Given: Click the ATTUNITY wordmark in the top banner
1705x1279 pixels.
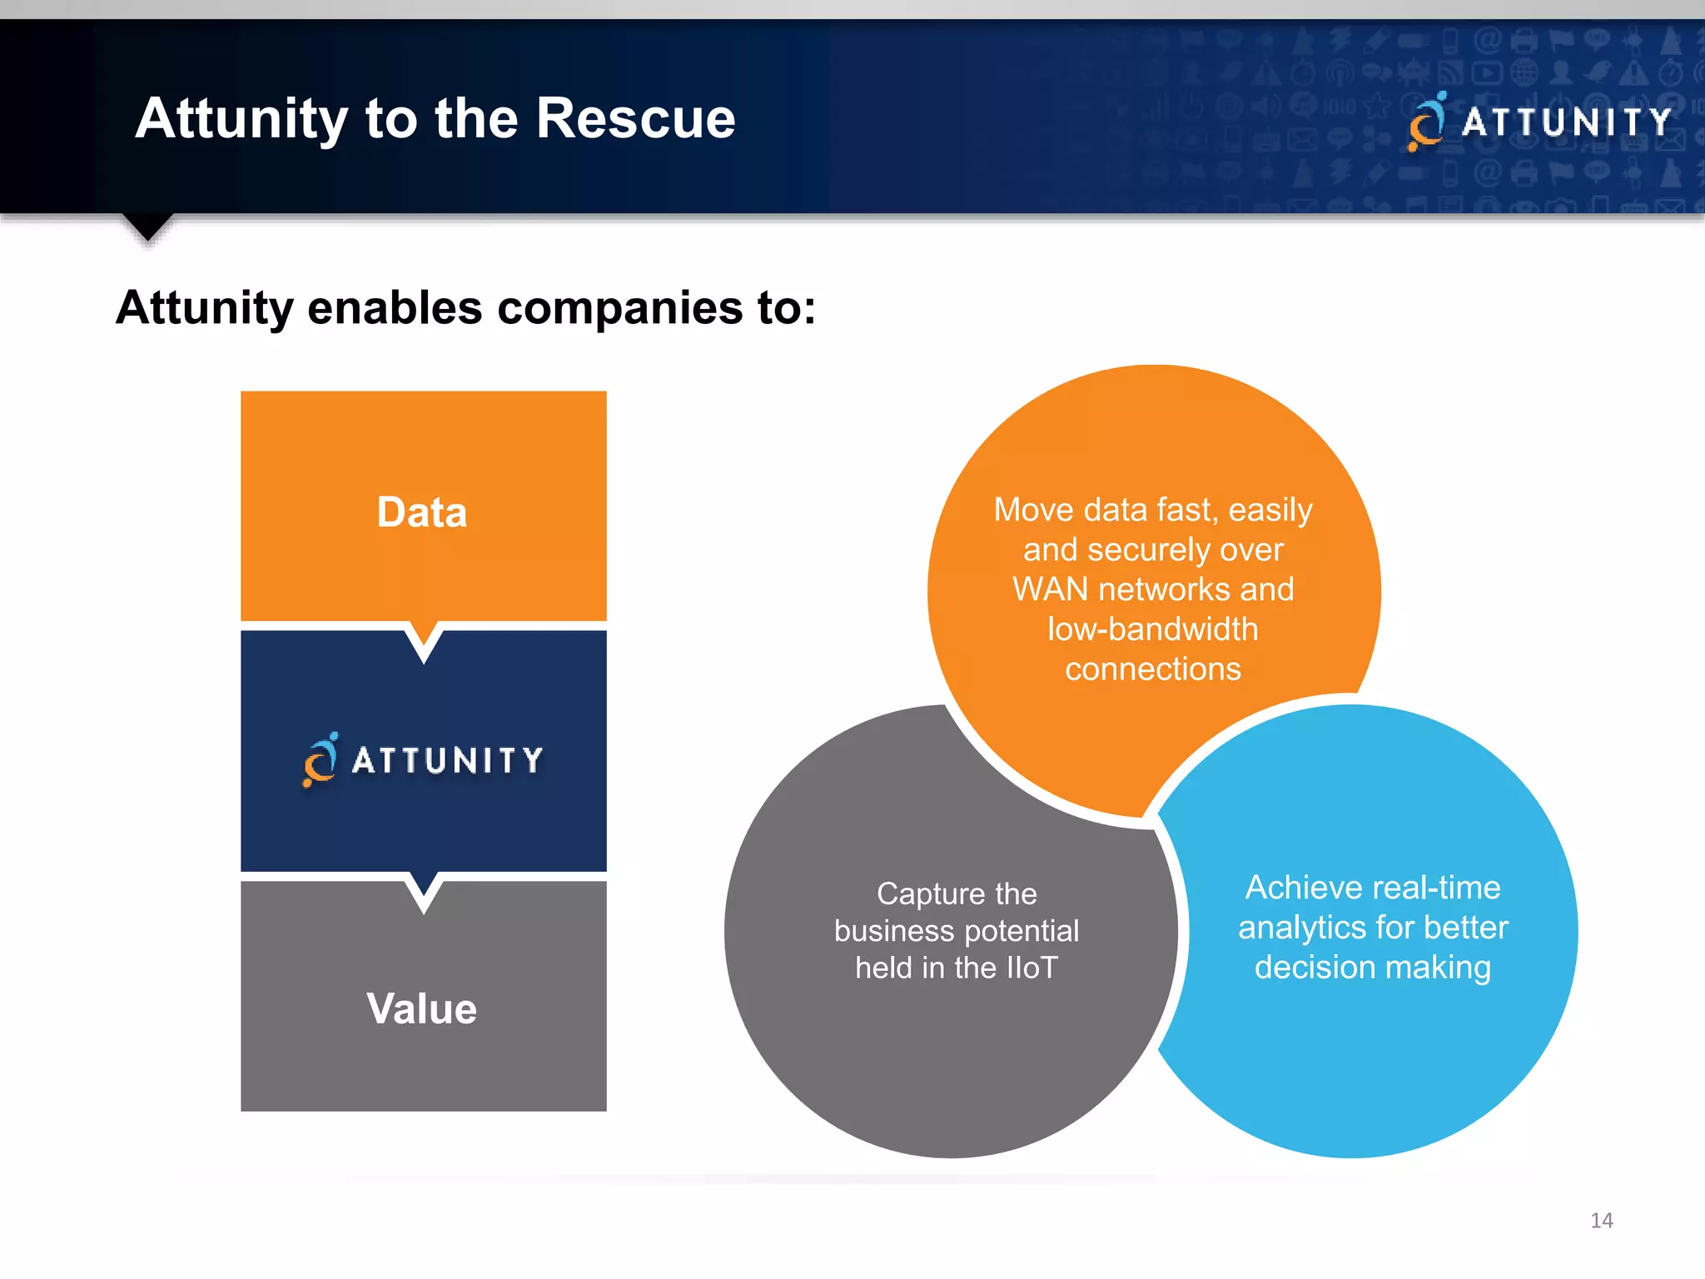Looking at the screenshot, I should (x=1566, y=122).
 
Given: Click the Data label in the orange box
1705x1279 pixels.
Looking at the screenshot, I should (x=422, y=512).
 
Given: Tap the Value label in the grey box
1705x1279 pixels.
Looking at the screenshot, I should (x=422, y=1008).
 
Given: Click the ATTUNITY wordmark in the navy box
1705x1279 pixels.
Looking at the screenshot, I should (x=447, y=760).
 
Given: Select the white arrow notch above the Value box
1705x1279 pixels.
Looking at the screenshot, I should (x=424, y=890).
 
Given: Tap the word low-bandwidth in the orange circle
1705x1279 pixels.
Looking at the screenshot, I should (x=1153, y=630).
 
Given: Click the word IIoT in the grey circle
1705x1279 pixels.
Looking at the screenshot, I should (x=1031, y=968).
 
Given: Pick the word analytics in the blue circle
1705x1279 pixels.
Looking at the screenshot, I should (x=1300, y=928).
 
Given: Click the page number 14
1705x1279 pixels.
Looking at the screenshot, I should (x=1601, y=1221).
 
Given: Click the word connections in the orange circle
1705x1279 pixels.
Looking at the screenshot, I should (x=1153, y=669).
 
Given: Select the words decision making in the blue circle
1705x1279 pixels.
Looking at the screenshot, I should (x=1373, y=968).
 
